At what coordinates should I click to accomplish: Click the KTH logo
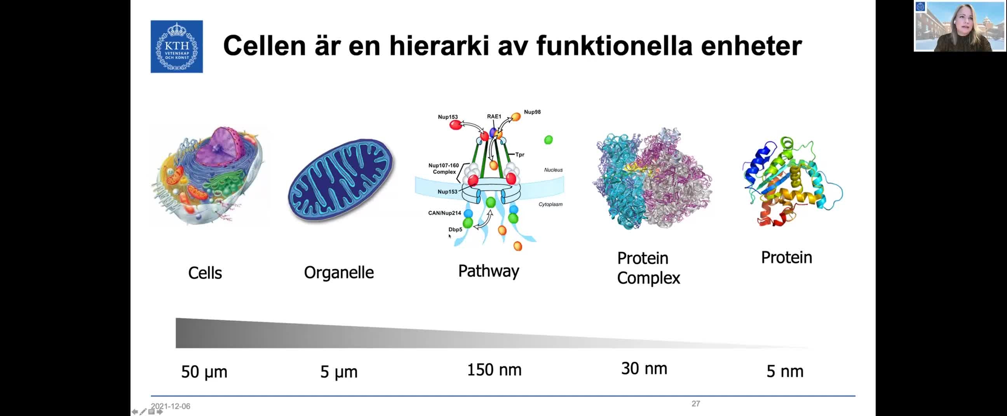click(x=177, y=47)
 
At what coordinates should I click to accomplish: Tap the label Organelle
click(x=339, y=273)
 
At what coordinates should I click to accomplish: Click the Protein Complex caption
click(x=648, y=269)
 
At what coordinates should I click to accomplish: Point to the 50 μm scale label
click(x=204, y=372)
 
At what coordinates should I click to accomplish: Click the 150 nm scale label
click(x=494, y=370)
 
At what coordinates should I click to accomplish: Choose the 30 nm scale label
click(x=644, y=369)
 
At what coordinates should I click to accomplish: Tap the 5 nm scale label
click(x=785, y=371)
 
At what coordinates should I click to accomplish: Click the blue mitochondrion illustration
click(x=341, y=180)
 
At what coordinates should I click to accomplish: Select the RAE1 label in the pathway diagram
click(x=494, y=116)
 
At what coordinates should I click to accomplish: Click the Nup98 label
click(x=532, y=112)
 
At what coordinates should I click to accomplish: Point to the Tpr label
click(x=519, y=155)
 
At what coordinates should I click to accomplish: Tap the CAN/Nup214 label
click(x=444, y=213)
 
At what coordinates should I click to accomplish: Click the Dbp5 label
click(x=455, y=229)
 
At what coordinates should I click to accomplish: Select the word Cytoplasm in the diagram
click(x=551, y=204)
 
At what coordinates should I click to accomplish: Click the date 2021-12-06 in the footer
click(x=171, y=406)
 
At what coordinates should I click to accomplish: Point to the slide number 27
click(x=695, y=404)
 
